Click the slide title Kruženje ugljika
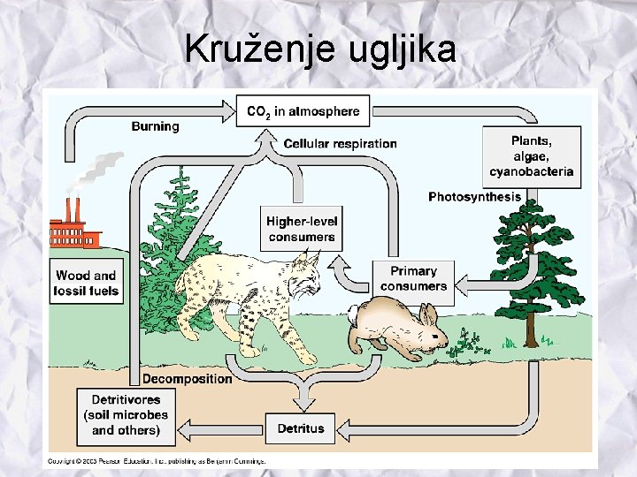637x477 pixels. click(x=320, y=49)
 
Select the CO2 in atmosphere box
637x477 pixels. click(x=303, y=111)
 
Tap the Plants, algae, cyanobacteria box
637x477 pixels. click(x=531, y=156)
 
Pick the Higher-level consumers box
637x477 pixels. click(x=301, y=228)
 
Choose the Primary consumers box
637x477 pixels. click(x=413, y=278)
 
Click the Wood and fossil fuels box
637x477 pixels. click(x=85, y=283)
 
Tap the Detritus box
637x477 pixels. click(x=301, y=429)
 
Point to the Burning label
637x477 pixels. click(x=155, y=126)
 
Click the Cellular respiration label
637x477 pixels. click(x=340, y=143)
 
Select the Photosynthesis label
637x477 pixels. click(x=474, y=196)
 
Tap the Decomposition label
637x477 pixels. click(x=188, y=379)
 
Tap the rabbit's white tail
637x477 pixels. click(x=353, y=311)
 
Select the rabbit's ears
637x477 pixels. click(x=428, y=314)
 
